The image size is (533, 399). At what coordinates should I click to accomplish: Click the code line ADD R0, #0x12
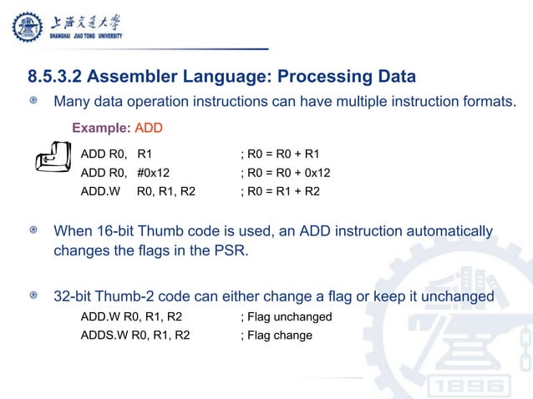point(124,173)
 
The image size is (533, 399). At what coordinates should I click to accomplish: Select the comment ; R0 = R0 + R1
point(279,154)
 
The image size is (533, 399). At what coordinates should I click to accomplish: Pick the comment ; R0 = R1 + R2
point(279,191)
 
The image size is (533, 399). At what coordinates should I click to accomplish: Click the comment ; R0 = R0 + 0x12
point(285,173)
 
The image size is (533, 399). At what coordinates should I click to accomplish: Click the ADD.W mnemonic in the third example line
point(101,191)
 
